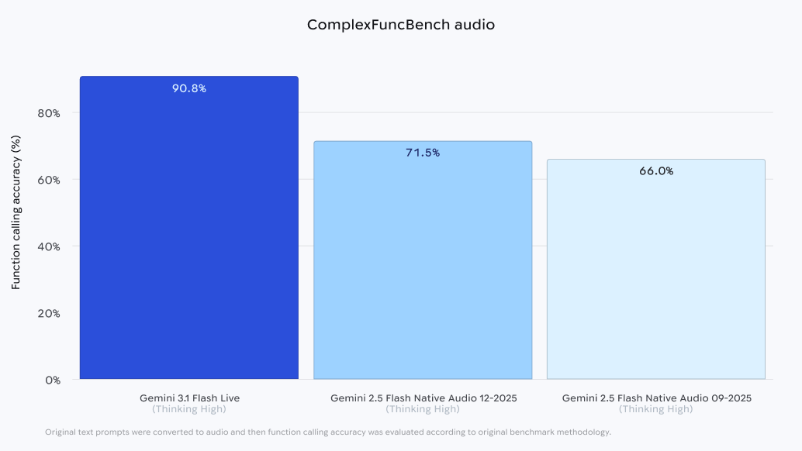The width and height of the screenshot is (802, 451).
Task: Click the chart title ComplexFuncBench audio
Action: (x=400, y=25)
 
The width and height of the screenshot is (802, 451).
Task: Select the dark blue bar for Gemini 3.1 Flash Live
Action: (x=189, y=232)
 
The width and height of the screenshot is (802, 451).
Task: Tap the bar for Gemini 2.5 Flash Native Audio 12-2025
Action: (x=423, y=263)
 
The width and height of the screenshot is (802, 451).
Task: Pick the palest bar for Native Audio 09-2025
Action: (x=656, y=271)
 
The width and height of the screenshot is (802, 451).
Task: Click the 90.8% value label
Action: (x=189, y=88)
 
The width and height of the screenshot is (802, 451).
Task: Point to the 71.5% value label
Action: (x=423, y=153)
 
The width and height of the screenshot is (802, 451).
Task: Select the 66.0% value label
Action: (x=656, y=171)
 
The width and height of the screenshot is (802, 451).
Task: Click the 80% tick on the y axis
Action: (x=49, y=113)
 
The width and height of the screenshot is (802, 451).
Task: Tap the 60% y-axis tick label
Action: (x=49, y=180)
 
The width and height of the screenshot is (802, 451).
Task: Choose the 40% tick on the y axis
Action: (x=49, y=246)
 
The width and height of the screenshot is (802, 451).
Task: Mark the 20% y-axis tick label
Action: (x=49, y=313)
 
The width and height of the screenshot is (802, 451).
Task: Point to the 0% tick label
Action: (x=52, y=380)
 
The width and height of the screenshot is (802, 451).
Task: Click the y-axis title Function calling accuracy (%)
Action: (x=16, y=212)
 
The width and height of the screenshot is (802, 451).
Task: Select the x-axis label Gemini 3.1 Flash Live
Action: (x=189, y=398)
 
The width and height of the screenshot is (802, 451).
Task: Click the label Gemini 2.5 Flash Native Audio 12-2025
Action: (x=423, y=398)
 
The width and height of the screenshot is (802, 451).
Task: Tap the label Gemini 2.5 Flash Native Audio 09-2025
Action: (x=656, y=398)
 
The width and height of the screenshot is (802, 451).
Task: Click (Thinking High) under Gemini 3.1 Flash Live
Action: (x=189, y=409)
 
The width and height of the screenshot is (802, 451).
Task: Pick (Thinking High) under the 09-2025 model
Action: (x=656, y=409)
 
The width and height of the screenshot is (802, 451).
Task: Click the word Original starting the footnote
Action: (x=60, y=432)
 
